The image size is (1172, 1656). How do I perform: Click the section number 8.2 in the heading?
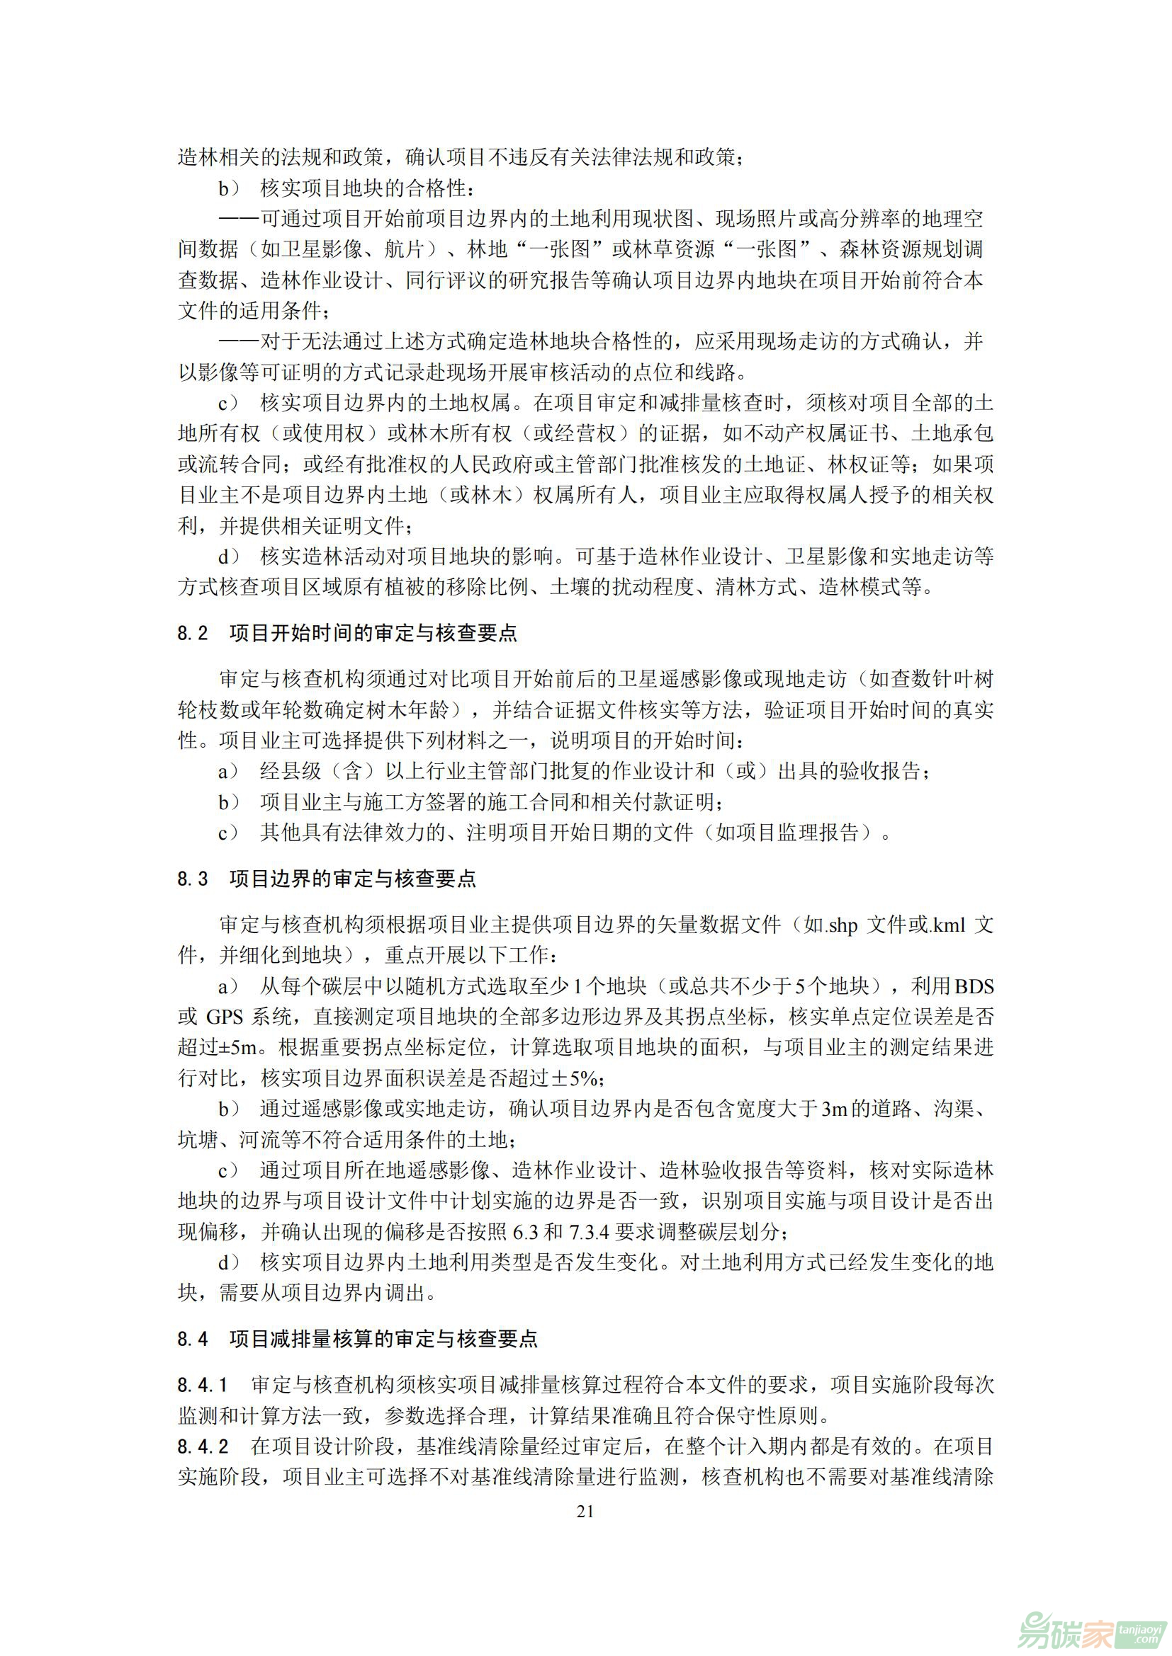pyautogui.click(x=193, y=633)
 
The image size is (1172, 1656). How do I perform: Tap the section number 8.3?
pyautogui.click(x=193, y=879)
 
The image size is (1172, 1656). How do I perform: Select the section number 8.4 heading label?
pyautogui.click(x=193, y=1340)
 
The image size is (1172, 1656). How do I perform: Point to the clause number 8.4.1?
pyautogui.click(x=203, y=1385)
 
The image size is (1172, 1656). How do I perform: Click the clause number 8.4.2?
pyautogui.click(x=203, y=1446)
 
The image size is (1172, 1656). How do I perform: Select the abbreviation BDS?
pyautogui.click(x=974, y=986)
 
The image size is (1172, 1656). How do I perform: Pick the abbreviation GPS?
pyautogui.click(x=225, y=1017)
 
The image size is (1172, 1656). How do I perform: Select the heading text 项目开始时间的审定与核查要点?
pyautogui.click(x=373, y=633)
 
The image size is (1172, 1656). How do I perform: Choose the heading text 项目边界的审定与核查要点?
pyautogui.click(x=353, y=879)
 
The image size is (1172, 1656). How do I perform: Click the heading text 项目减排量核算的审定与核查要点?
pyautogui.click(x=383, y=1340)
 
